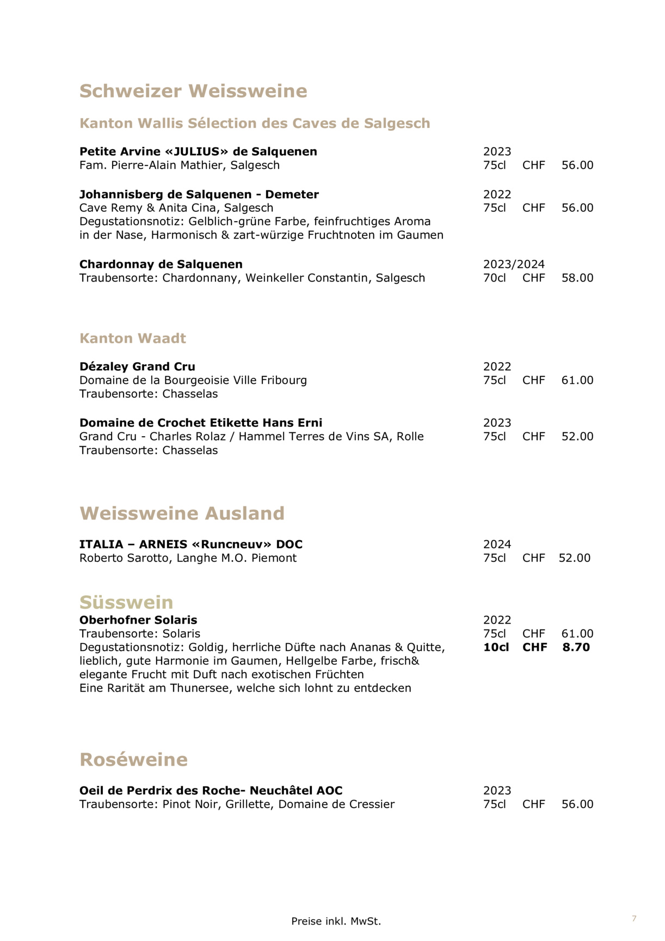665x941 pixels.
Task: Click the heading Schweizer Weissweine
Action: pos(193,91)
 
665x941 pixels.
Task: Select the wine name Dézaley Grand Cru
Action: pos(137,366)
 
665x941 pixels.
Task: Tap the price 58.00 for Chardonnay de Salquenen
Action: pos(577,278)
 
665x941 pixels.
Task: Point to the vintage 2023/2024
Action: pos(514,264)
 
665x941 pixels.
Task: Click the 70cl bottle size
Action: pos(494,278)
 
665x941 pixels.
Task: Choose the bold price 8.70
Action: pos(576,647)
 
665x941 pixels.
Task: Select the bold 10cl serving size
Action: pos(496,647)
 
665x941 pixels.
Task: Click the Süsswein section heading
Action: pos(126,602)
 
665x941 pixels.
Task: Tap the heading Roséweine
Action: pos(133,759)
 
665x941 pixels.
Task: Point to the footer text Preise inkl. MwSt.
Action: pos(336,921)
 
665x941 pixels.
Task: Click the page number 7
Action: pos(634,919)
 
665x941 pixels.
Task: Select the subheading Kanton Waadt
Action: pos(133,338)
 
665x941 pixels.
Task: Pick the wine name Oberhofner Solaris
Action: pos(138,620)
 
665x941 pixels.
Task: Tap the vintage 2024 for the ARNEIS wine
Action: pos(497,544)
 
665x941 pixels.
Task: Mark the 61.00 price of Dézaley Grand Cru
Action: pos(577,380)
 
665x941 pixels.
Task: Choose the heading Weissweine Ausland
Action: pos(182,513)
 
